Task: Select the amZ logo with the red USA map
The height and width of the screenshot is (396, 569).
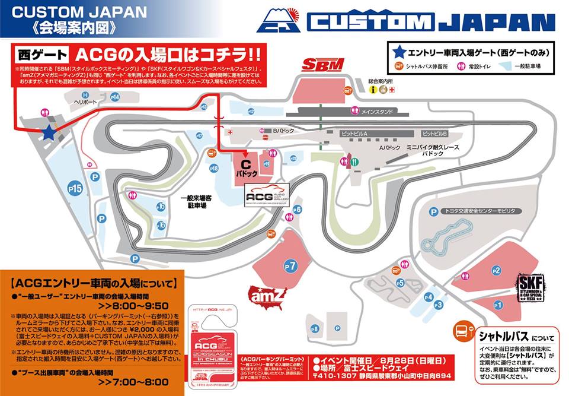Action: (268, 293)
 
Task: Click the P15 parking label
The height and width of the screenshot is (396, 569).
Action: (75, 188)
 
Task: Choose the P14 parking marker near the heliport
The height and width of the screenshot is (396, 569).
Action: (114, 97)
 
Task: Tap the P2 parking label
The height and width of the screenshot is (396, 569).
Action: (497, 271)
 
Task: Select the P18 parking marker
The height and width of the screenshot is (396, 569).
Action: (215, 168)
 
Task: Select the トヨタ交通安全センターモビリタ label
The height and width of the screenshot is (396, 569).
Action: (477, 211)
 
